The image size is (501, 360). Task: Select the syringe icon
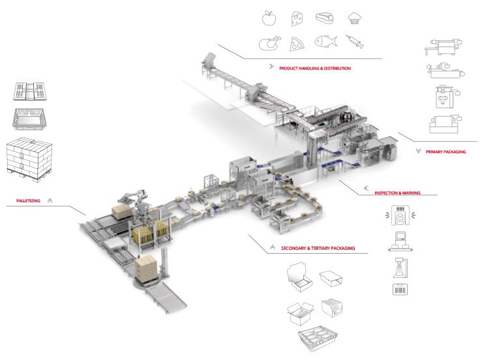point(355,42)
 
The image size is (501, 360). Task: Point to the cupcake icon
point(354,18)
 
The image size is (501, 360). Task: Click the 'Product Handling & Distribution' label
point(315,68)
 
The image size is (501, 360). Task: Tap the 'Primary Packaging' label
point(446,151)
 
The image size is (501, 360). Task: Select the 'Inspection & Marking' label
point(397,193)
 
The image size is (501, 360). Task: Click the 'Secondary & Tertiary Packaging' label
point(318,248)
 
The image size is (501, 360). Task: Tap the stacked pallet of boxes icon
point(29,158)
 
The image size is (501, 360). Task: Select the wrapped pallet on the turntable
point(147,266)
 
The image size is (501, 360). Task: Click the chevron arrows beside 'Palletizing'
point(50,201)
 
